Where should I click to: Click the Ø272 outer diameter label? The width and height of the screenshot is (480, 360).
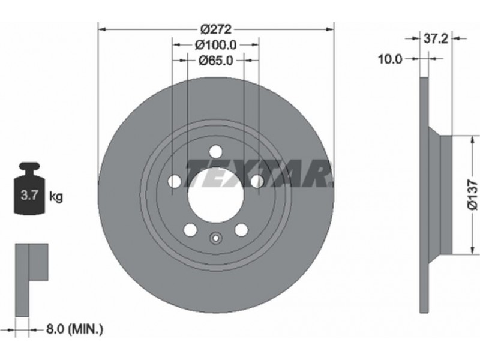(x=216, y=29)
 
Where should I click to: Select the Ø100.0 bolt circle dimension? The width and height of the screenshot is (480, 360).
(x=216, y=45)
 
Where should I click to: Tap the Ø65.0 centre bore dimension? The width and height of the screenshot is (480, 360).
(x=216, y=61)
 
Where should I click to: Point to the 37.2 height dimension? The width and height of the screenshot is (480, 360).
(x=436, y=38)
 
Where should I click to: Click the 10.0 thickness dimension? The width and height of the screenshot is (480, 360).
(x=390, y=59)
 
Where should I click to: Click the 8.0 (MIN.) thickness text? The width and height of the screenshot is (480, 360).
(x=74, y=329)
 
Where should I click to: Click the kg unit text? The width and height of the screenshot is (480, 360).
(x=56, y=196)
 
